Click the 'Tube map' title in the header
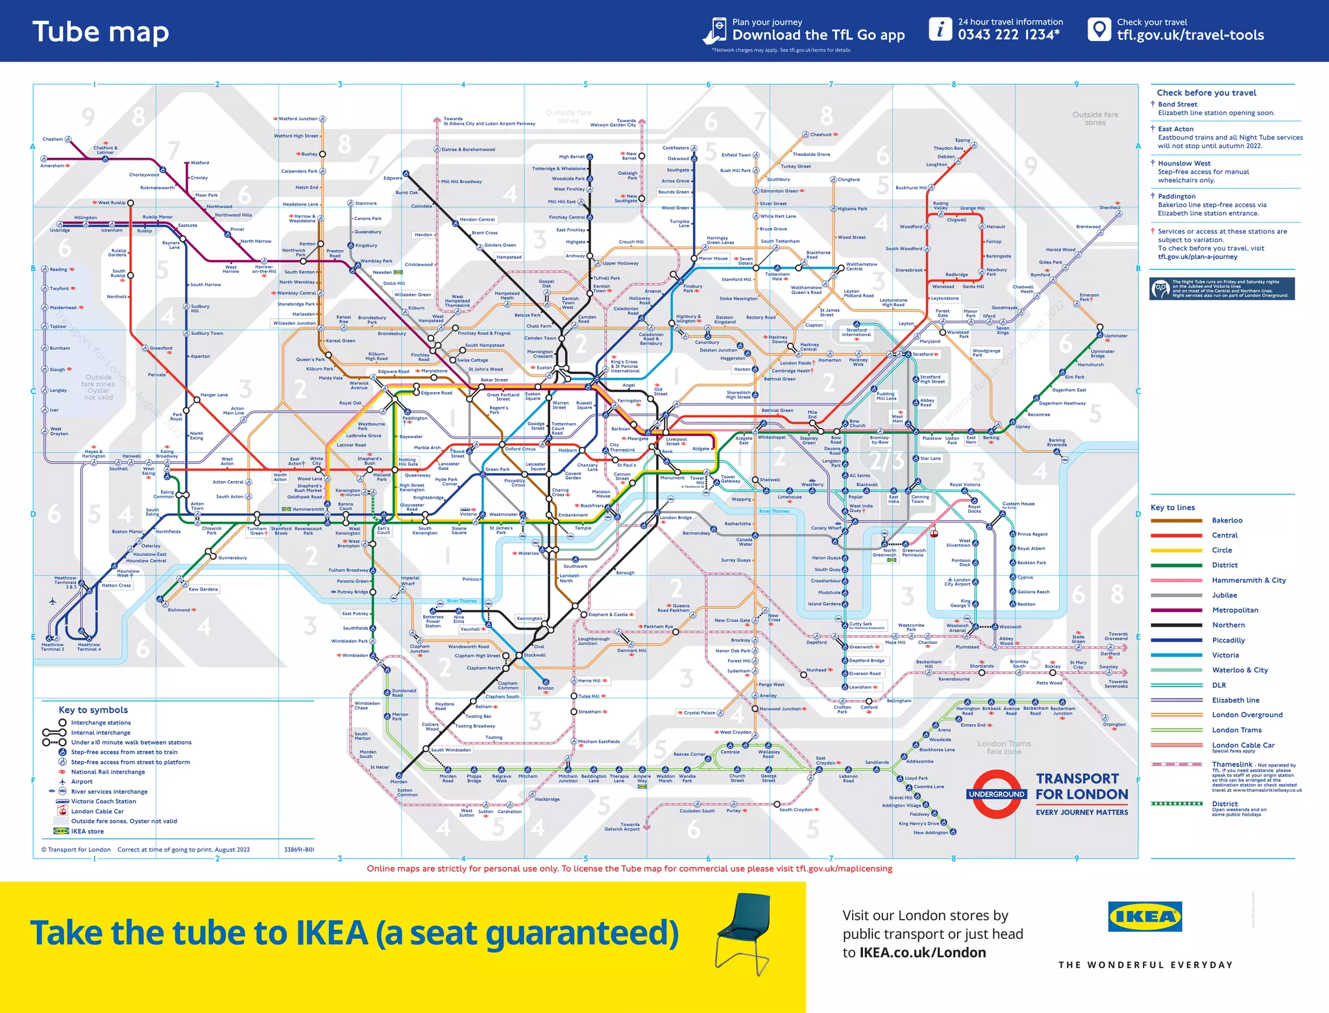coord(101,32)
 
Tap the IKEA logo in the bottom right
coord(1145,916)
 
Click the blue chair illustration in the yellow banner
coord(744,934)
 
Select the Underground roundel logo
coord(996,794)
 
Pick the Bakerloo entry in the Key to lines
coord(1226,520)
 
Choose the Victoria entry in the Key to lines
coord(1225,655)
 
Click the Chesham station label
coord(53,139)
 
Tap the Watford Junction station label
coord(298,119)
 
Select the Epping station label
coord(962,140)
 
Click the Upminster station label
coord(1116,336)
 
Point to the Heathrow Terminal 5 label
coord(53,647)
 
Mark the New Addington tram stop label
coord(931,833)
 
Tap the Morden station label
coord(398,782)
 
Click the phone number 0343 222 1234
coord(1008,35)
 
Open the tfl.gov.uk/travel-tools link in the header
coord(1190,35)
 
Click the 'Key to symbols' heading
coord(93,710)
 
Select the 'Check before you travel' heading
coord(1206,93)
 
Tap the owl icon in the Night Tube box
coord(1160,288)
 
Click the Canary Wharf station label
coord(825,528)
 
